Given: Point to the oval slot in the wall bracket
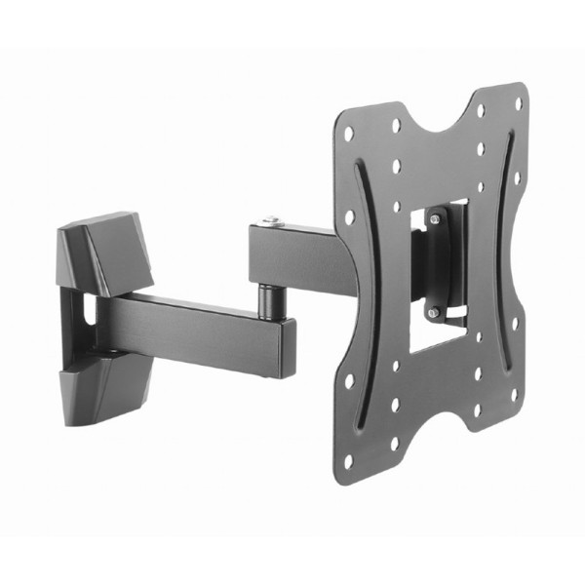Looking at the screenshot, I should pos(87,310).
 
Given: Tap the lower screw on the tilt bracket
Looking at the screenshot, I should pos(436,312).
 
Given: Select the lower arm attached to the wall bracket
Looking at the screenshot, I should pos(195,327).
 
